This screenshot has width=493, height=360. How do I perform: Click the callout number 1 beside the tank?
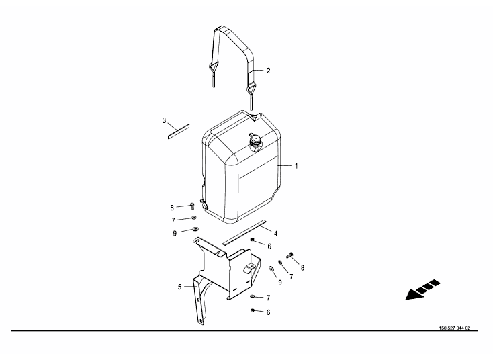tap(296, 166)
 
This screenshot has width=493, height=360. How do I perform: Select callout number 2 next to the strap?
tap(268, 71)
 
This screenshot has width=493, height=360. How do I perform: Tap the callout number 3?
tap(164, 120)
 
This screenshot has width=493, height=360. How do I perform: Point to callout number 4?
tap(276, 234)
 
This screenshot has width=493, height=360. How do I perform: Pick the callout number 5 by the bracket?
tap(179, 287)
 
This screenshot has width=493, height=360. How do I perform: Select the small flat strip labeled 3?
tap(179, 132)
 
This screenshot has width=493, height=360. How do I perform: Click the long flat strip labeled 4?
tap(244, 232)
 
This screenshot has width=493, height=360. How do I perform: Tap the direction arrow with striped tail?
tap(422, 289)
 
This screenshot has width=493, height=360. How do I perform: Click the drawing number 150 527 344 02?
tap(455, 328)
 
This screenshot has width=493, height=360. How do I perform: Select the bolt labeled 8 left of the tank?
tap(192, 206)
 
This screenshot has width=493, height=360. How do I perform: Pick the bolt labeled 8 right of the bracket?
tap(289, 255)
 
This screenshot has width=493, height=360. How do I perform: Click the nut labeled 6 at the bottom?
tap(252, 311)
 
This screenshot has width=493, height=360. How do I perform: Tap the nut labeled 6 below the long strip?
tap(252, 240)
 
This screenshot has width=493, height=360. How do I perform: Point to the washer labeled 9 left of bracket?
tap(195, 229)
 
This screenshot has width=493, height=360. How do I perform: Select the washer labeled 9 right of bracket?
tap(271, 269)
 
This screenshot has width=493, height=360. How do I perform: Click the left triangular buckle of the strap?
tap(213, 68)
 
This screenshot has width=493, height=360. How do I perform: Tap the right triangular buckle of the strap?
tap(251, 89)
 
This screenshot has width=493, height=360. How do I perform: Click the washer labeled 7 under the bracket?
tap(252, 296)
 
